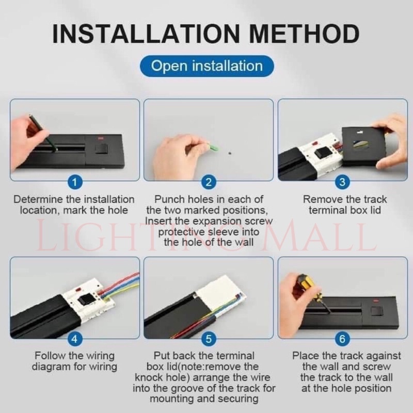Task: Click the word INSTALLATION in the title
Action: tap(146, 34)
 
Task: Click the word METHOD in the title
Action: tap(304, 34)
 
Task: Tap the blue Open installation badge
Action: tap(207, 66)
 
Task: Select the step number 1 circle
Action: tap(75, 182)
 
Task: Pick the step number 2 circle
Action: tap(209, 182)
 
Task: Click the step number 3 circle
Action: tap(342, 182)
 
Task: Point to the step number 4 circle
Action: tap(75, 339)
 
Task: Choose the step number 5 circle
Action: tap(209, 339)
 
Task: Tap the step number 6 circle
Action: tap(342, 339)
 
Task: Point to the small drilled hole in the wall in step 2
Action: tap(230, 153)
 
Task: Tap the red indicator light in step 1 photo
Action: tap(101, 138)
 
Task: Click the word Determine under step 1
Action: tap(38, 199)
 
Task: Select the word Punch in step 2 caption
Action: tap(169, 199)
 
